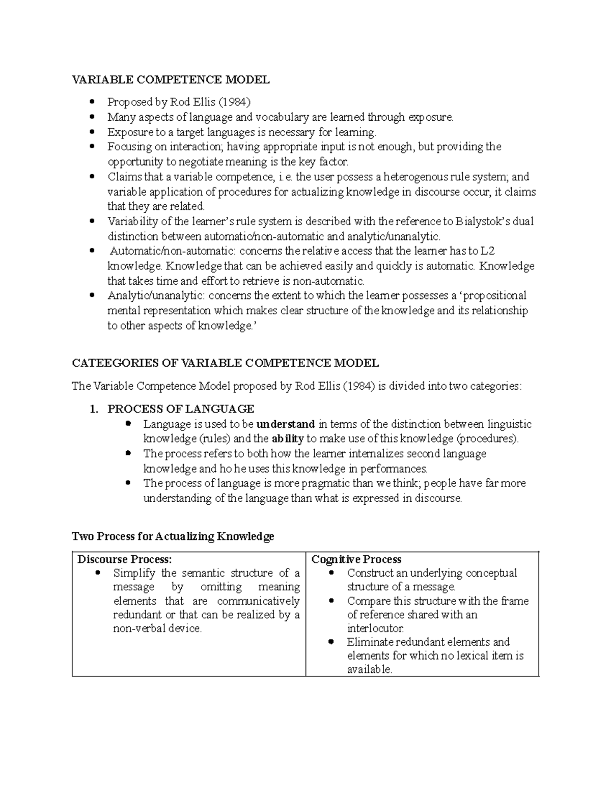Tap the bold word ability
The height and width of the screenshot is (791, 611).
[x=288, y=439]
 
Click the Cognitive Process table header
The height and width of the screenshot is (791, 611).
[x=356, y=559]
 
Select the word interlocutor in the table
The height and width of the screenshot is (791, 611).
[x=375, y=629]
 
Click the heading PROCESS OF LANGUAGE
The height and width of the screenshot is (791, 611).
[x=181, y=409]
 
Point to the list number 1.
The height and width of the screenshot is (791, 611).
[x=93, y=409]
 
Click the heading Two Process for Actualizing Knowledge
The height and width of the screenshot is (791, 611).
[x=173, y=536]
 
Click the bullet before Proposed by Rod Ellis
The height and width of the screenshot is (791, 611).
[x=92, y=102]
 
